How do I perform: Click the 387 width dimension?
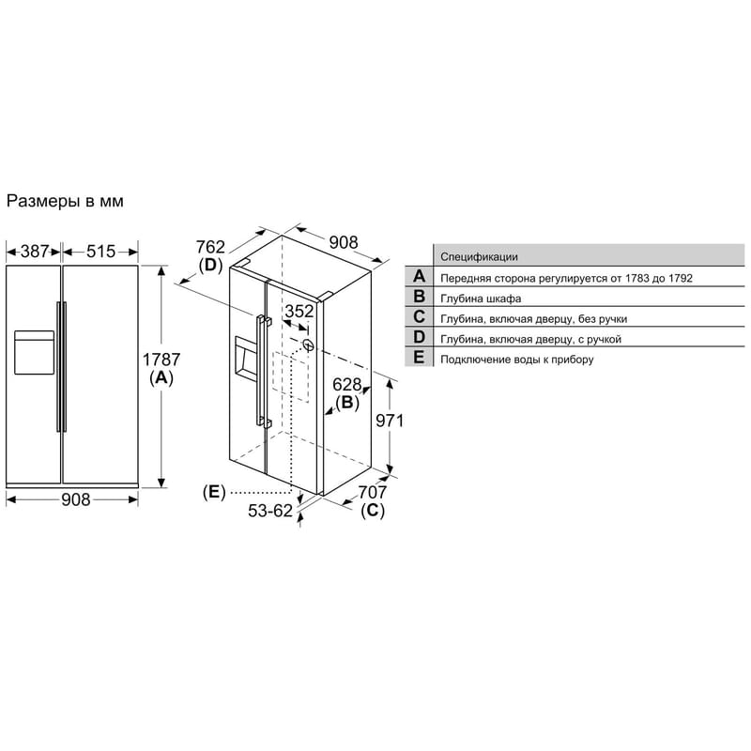(x=35, y=251)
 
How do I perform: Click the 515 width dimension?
(x=100, y=251)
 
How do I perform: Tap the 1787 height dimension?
(x=161, y=360)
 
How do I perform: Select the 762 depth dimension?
(x=210, y=247)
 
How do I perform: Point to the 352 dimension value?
(x=299, y=312)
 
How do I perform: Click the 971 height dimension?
(x=390, y=421)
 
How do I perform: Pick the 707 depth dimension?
(x=372, y=492)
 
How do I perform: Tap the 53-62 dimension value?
(x=270, y=511)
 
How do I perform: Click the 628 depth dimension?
(x=346, y=384)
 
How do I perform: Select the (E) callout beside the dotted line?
(x=214, y=492)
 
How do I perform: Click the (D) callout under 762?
(x=210, y=265)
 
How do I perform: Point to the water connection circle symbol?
(x=309, y=345)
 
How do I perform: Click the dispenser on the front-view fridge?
(x=34, y=352)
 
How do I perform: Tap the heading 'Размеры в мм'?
(x=65, y=201)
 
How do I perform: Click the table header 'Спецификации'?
(x=479, y=256)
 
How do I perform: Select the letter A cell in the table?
(x=419, y=276)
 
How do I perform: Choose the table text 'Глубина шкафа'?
(x=481, y=299)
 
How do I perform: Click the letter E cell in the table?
(x=419, y=358)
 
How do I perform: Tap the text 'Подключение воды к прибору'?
(x=517, y=360)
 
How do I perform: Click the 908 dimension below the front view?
(x=76, y=499)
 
